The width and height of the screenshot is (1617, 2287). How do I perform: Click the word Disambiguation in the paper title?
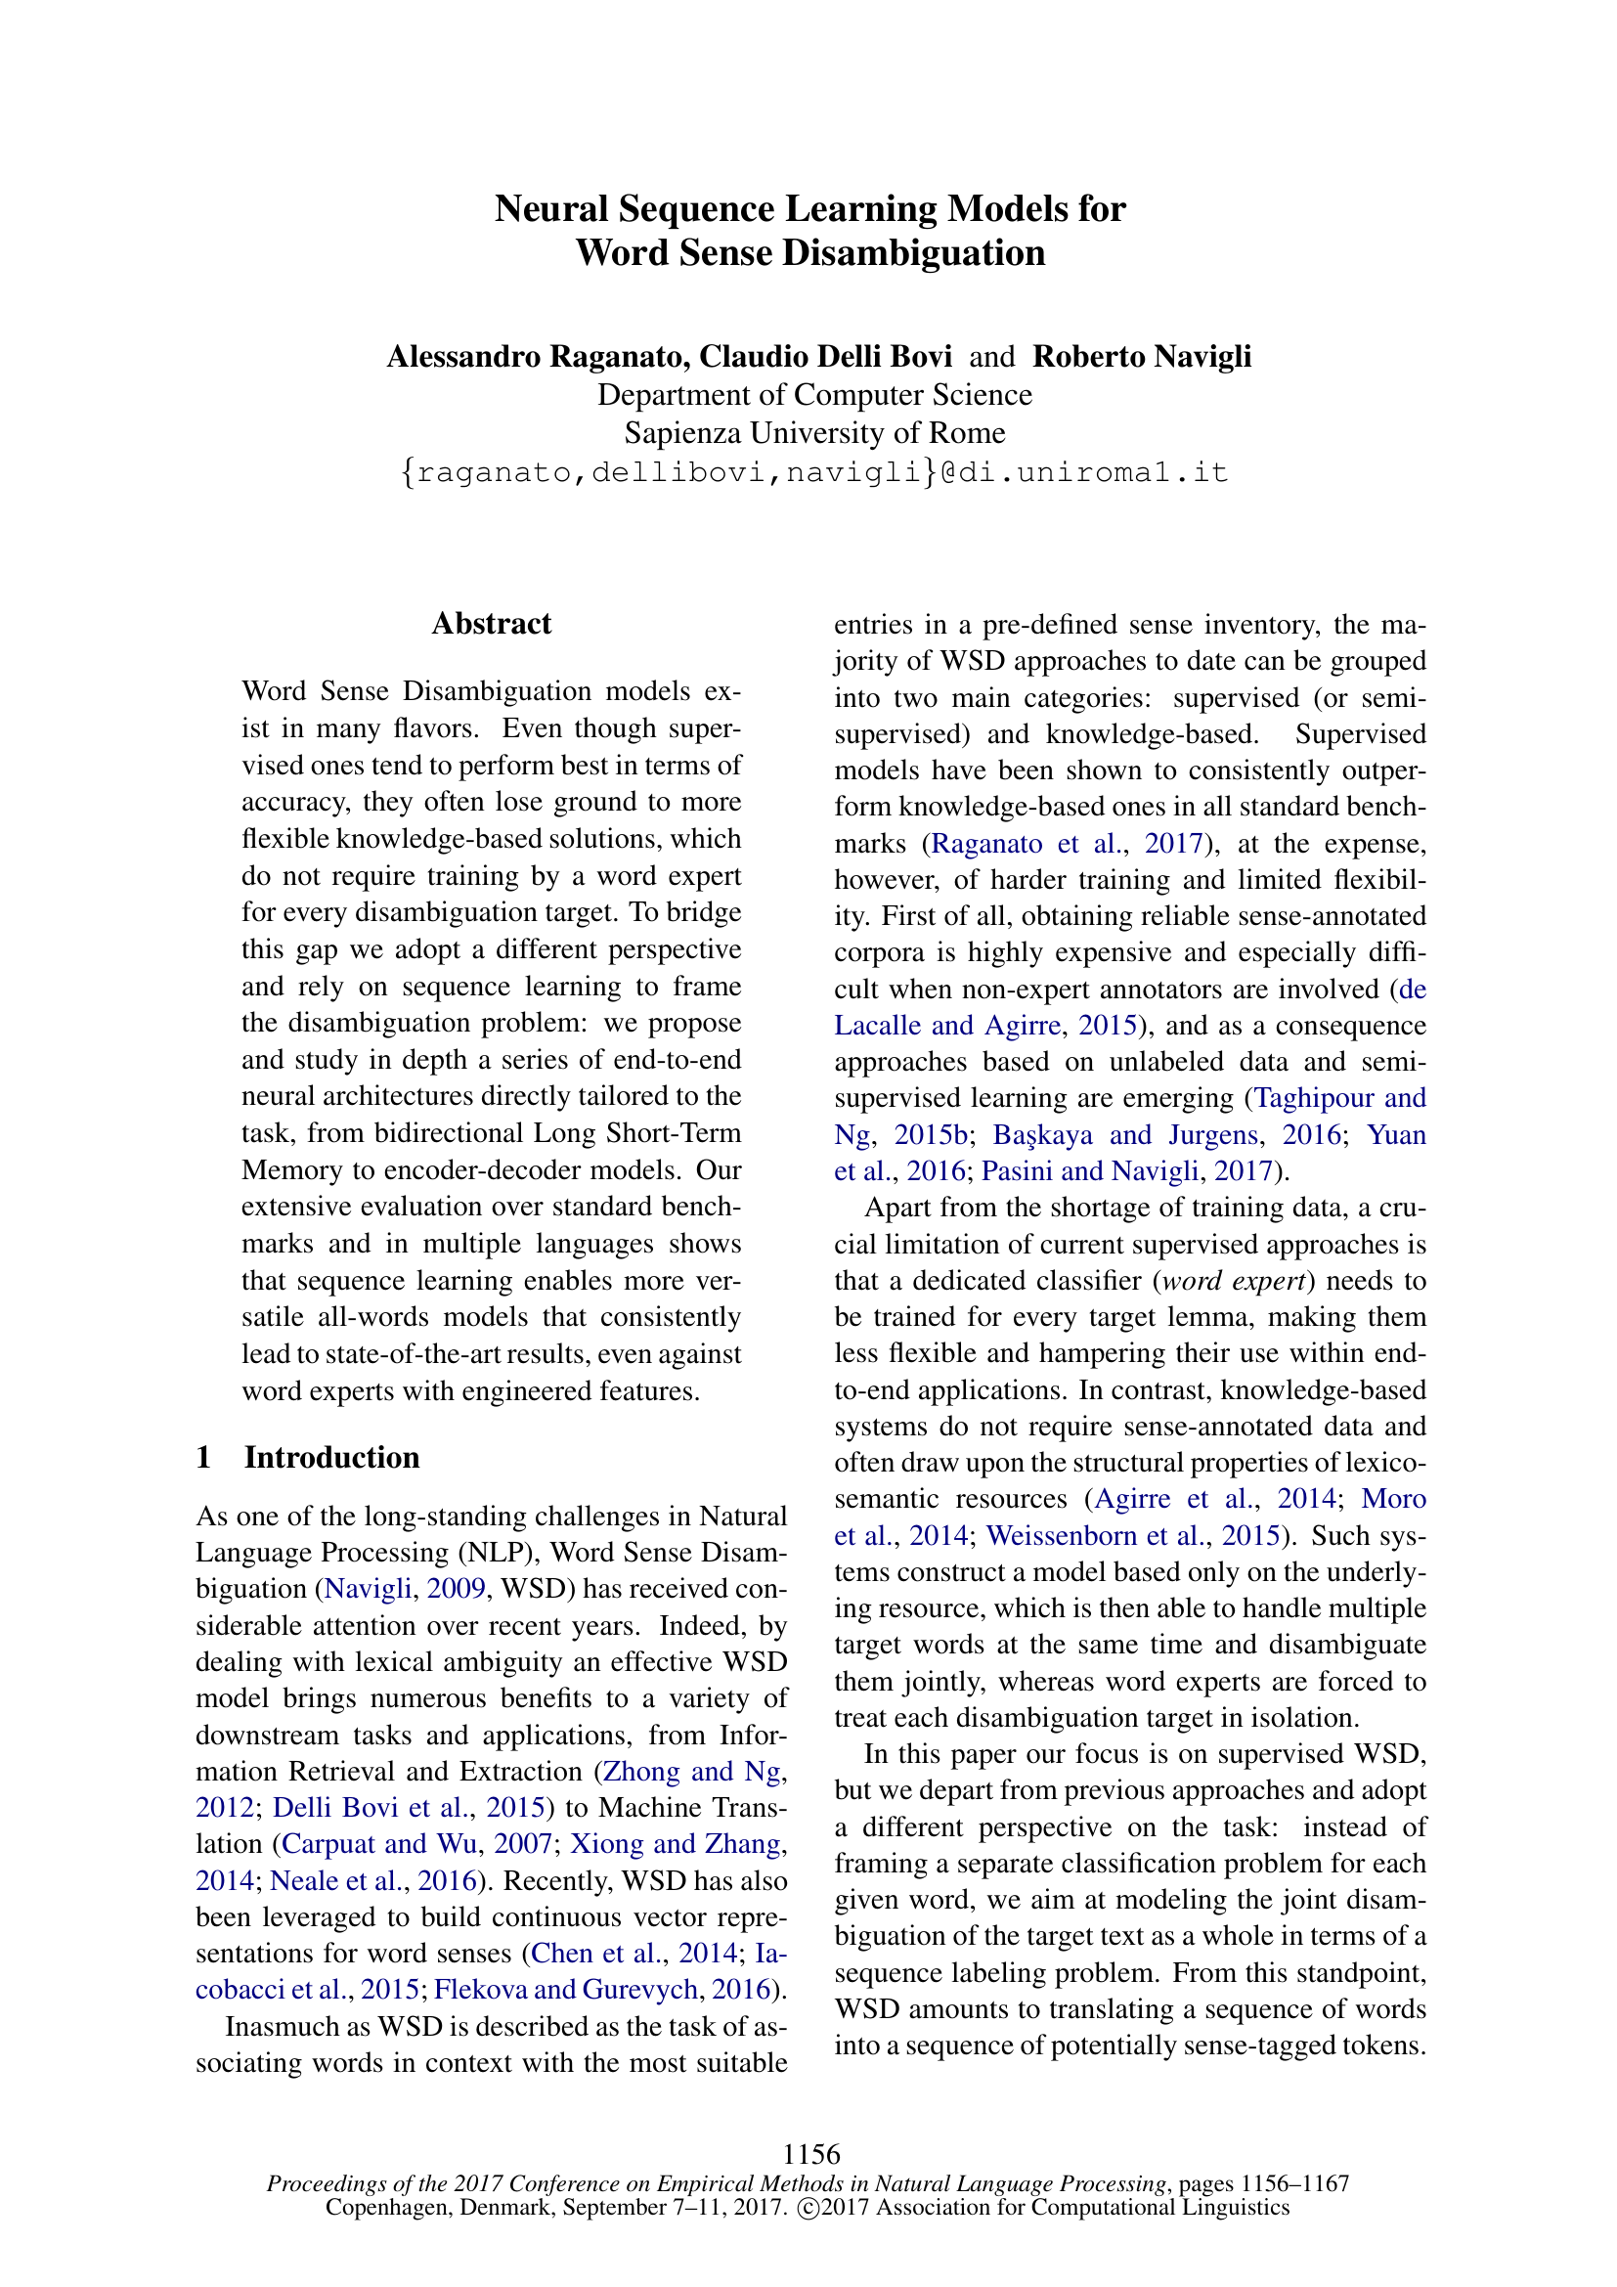click(913, 253)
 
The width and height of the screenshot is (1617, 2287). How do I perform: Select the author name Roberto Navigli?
click(1141, 356)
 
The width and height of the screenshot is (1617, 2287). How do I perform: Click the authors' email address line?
click(813, 471)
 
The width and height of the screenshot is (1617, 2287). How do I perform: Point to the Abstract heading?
click(491, 624)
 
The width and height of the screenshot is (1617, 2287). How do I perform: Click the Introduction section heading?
click(331, 1457)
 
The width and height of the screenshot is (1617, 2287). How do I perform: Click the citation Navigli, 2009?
click(405, 1589)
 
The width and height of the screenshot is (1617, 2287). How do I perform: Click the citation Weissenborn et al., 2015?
click(1132, 1535)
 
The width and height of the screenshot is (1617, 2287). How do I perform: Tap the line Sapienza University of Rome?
click(813, 433)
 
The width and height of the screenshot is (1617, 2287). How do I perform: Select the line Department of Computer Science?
click(813, 395)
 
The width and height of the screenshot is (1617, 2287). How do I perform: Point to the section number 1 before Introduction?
click(204, 1457)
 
